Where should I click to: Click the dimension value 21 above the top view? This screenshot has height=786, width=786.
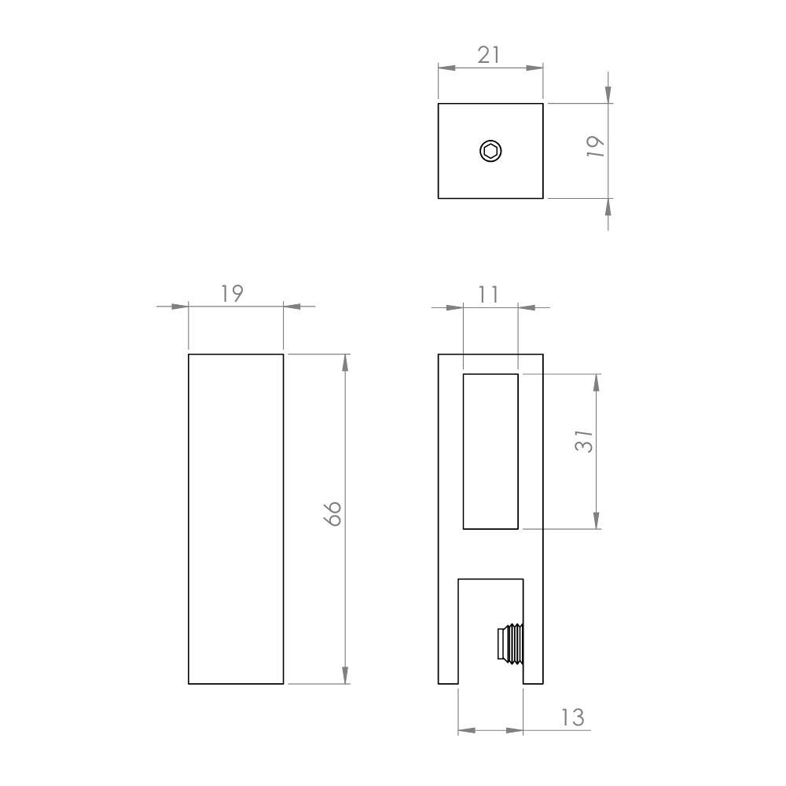click(x=488, y=55)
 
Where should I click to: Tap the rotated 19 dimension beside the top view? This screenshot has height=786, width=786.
click(x=596, y=146)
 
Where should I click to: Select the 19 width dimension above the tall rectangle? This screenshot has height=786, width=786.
click(x=232, y=294)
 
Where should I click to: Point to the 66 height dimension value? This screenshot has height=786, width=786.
click(x=332, y=514)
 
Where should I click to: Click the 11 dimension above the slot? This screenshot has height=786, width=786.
click(x=488, y=295)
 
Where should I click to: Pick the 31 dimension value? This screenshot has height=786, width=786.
click(x=584, y=441)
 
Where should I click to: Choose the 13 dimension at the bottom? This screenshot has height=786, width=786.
click(x=572, y=718)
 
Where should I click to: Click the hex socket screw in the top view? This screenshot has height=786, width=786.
click(x=490, y=151)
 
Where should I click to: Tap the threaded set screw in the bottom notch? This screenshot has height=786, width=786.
click(x=510, y=645)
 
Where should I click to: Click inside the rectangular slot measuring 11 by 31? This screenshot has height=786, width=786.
click(x=490, y=451)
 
